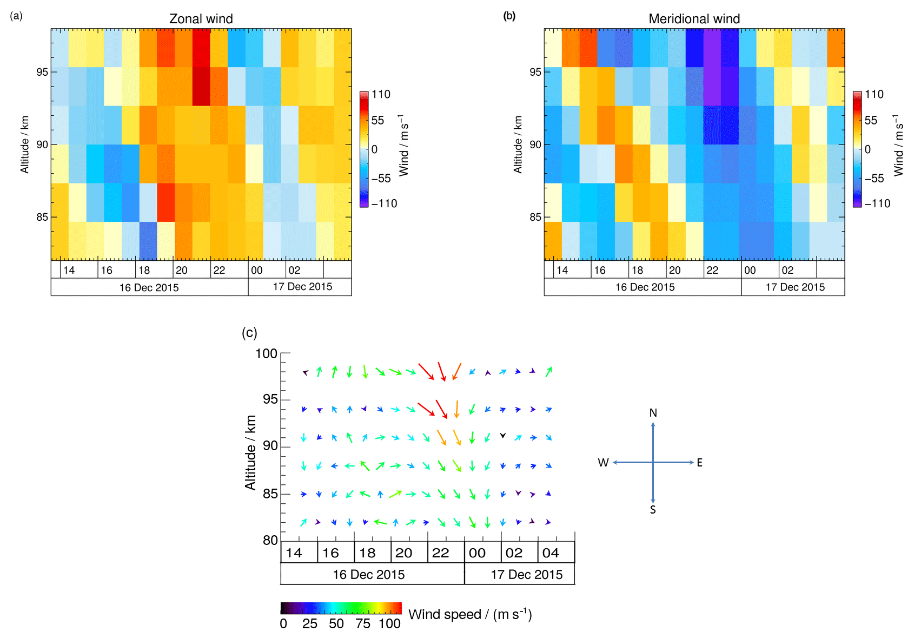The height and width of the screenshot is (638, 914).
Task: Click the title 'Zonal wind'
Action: click(201, 19)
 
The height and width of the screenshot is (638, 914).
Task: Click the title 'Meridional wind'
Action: click(694, 19)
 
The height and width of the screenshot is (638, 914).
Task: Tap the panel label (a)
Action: click(16, 16)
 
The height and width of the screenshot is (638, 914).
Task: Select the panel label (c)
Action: click(249, 333)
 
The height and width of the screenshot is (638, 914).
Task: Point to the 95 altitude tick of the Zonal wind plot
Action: click(42, 72)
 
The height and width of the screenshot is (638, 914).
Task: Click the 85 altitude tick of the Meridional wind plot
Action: click(535, 217)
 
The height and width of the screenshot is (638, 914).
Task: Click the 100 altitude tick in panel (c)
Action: click(266, 354)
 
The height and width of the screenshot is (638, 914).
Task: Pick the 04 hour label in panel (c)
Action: click(551, 553)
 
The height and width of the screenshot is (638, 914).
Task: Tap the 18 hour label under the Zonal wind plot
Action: click(144, 270)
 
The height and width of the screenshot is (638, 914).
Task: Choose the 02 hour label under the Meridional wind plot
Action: click(787, 270)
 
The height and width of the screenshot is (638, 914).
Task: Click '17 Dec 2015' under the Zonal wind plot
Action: click(302, 287)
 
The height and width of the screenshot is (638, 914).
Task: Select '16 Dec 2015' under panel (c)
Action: click(368, 575)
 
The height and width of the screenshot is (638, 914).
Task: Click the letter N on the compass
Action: click(653, 413)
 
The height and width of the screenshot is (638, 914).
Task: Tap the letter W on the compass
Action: click(603, 463)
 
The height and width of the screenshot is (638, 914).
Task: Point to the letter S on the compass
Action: click(653, 510)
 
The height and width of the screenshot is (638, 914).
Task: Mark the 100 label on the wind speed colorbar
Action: click(389, 624)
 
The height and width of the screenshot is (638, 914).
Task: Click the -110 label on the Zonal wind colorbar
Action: click(384, 203)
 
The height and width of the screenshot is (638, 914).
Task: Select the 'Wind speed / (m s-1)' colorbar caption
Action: click(470, 614)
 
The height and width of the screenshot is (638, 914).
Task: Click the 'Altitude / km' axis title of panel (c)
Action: click(250, 452)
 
